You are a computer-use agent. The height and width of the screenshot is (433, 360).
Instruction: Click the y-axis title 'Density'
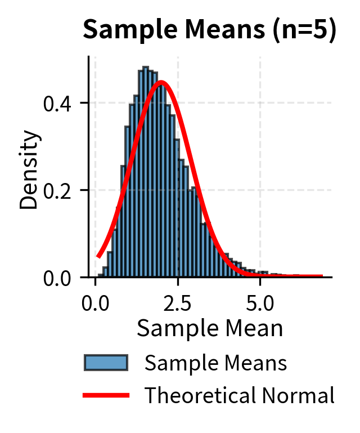29,170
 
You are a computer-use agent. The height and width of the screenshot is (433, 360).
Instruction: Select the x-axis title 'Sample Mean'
210,328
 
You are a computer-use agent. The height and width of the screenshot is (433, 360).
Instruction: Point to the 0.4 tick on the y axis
62,103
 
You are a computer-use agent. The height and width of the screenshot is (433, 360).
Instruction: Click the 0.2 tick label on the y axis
62,190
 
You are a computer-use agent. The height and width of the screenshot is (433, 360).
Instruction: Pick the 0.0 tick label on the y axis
62,278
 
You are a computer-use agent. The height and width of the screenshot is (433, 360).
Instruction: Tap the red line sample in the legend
106,396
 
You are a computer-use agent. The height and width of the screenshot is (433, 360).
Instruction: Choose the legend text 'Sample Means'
216,364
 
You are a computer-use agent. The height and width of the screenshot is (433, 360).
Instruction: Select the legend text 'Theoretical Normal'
240,396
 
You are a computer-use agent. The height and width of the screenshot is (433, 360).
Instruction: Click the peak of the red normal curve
161,82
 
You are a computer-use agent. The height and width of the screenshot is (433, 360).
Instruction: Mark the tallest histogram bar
145,169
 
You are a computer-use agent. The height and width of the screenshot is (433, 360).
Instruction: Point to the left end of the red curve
98,256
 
